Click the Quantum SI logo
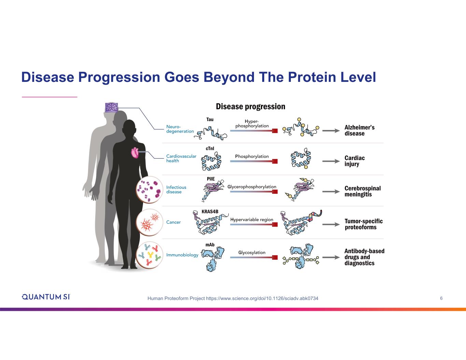46,297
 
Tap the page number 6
441,298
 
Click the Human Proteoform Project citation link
233,299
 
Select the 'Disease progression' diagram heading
250,106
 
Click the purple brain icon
111,107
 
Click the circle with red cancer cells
149,222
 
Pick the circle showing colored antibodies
149,255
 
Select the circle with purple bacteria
149,189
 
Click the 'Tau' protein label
210,119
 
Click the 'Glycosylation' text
252,253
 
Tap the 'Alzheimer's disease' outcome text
359,130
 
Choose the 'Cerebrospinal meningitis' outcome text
362,191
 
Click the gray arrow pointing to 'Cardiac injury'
330,161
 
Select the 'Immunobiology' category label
182,255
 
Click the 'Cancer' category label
173,222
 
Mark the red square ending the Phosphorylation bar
275,161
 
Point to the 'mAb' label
210,245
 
